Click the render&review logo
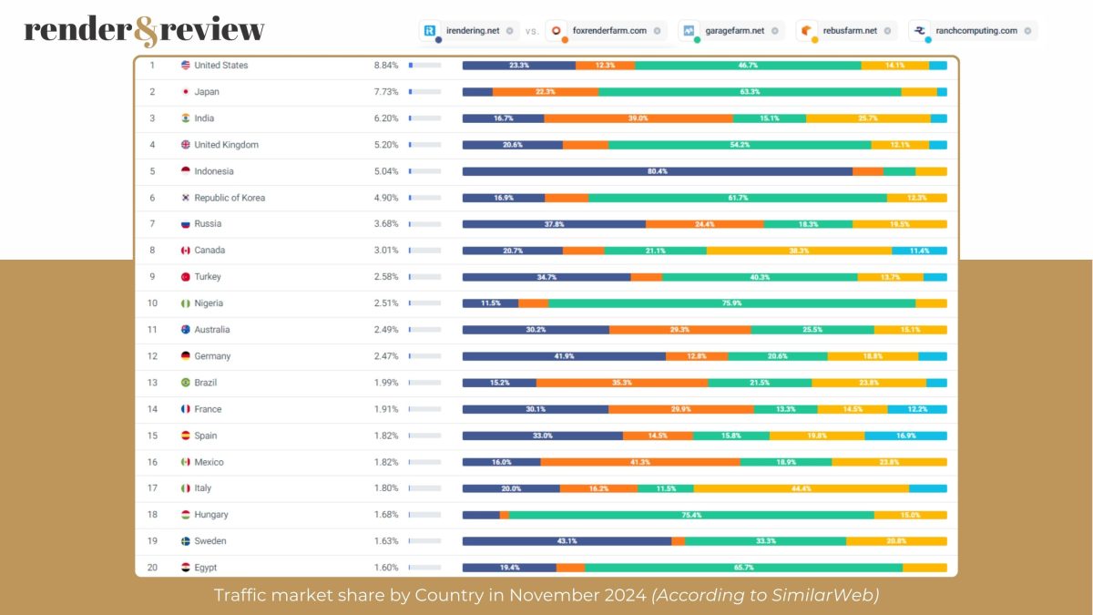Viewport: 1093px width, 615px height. point(144,30)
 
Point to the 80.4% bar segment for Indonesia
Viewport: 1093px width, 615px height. point(657,171)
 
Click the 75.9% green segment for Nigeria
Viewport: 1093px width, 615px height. point(731,303)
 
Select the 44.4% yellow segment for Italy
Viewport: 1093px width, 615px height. point(801,488)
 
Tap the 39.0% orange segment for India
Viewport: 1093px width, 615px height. point(638,118)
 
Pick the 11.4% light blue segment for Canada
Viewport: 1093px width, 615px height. point(919,251)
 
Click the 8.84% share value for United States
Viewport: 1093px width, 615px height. point(385,66)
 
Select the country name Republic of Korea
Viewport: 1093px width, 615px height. point(230,198)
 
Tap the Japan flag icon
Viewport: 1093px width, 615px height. point(186,92)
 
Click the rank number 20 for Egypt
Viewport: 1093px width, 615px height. point(152,568)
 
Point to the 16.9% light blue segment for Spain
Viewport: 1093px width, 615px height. point(905,436)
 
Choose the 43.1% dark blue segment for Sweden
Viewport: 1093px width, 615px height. point(567,541)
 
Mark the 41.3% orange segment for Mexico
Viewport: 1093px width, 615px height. point(639,462)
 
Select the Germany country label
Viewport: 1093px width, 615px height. point(212,356)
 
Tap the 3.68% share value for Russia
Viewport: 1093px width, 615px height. point(385,224)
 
